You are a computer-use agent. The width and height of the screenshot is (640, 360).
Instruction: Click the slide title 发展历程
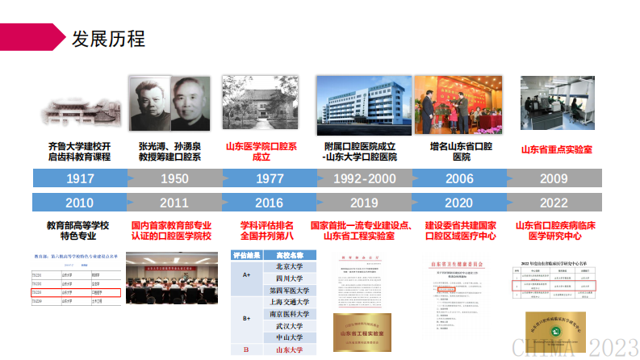pyautogui.click(x=108, y=38)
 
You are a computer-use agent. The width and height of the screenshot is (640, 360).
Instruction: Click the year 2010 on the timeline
pyautogui.click(x=80, y=202)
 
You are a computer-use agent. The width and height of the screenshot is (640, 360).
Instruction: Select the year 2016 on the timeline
pyautogui.click(x=268, y=202)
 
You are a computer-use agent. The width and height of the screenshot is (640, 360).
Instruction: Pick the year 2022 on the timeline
pyautogui.click(x=553, y=202)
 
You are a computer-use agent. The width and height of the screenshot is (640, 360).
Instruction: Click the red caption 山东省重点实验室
pyautogui.click(x=555, y=149)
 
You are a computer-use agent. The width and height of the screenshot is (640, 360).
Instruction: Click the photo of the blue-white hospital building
pyautogui.click(x=362, y=104)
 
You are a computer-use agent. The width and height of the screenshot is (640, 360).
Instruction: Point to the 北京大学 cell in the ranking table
pyautogui.click(x=288, y=266)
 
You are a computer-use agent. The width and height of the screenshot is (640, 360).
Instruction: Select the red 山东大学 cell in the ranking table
pyautogui.click(x=288, y=350)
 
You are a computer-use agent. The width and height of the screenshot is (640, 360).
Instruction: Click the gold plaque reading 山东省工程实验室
pyautogui.click(x=362, y=333)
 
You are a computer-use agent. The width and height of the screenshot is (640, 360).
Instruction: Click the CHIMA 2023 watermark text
pyautogui.click(x=574, y=347)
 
